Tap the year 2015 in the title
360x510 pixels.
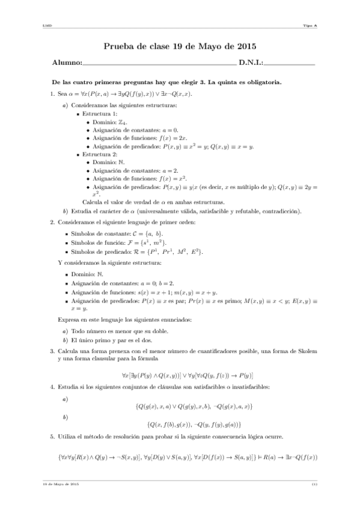click(244, 46)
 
